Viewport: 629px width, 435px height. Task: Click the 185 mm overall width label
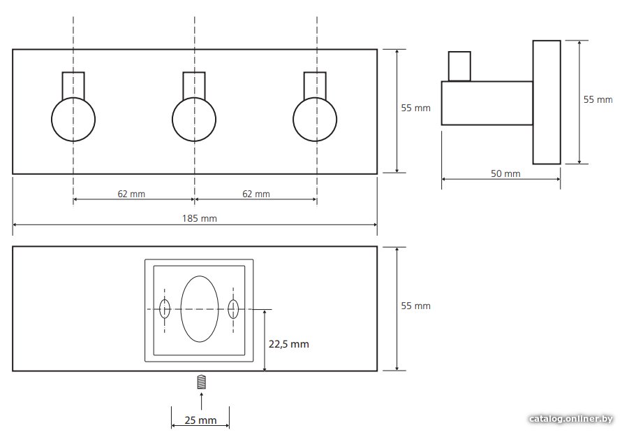tap(200, 219)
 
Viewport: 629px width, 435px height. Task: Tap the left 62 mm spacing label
tap(131, 194)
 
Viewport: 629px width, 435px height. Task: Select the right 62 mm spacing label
tap(256, 194)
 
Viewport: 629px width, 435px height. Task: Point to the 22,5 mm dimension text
tap(289, 344)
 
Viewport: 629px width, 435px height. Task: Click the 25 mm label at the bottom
tap(200, 420)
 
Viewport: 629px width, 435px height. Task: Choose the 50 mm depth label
tap(505, 173)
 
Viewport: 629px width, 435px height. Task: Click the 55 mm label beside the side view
tap(598, 100)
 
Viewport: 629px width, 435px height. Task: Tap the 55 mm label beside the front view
tap(415, 108)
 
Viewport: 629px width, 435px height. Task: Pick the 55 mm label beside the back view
tap(415, 306)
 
